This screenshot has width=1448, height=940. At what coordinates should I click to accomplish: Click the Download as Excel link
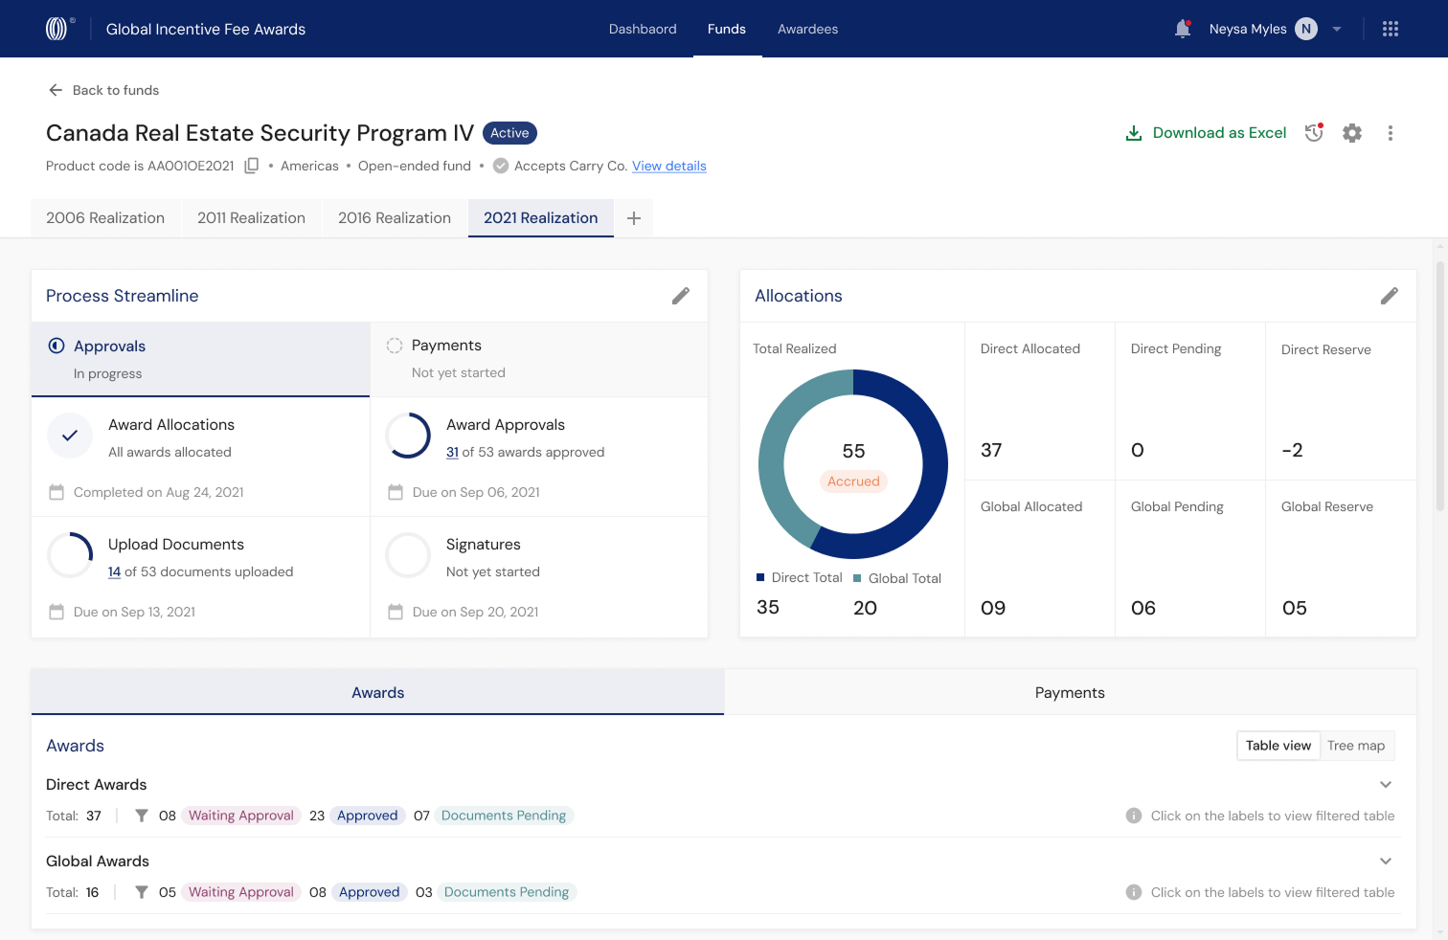1206,133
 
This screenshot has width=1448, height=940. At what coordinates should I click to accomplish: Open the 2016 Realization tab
395,217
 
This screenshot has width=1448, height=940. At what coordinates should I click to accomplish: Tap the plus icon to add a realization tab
634,218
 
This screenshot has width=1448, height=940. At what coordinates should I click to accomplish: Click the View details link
669,166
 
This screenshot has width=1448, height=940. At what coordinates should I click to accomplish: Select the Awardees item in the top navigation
807,29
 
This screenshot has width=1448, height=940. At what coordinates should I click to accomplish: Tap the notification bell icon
1183,29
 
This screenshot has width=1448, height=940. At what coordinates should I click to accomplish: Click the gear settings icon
1351,133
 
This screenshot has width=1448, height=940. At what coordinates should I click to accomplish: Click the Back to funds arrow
56,90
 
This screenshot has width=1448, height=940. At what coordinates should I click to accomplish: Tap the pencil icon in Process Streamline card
681,296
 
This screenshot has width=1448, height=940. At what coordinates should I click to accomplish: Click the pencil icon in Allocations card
1390,296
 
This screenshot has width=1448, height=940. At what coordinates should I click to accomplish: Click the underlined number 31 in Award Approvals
452,452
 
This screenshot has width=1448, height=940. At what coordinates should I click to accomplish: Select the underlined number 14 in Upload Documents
114,571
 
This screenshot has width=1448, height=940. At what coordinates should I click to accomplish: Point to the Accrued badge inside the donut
853,481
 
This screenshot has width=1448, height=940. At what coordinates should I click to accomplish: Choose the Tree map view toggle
1356,746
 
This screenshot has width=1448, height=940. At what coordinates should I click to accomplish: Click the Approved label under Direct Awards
367,816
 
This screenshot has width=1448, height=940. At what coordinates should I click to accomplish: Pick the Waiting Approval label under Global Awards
241,892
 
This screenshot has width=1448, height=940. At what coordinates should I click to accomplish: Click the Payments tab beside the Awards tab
1070,693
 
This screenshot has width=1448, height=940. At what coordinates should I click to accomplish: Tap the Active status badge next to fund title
509,133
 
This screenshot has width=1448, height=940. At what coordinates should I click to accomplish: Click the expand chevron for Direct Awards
1386,785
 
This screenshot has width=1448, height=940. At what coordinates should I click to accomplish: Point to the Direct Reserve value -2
1292,450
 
